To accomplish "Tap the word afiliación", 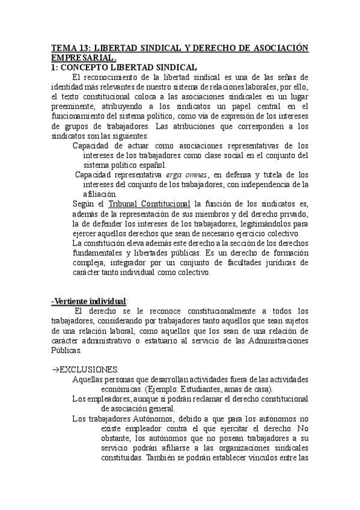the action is pos(100,194).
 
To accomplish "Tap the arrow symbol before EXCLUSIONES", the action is pos(55,369).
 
